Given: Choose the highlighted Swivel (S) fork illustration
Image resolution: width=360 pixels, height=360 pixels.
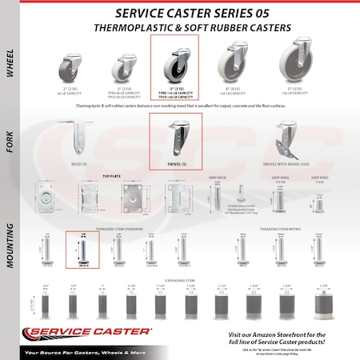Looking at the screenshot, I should tap(174, 137).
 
